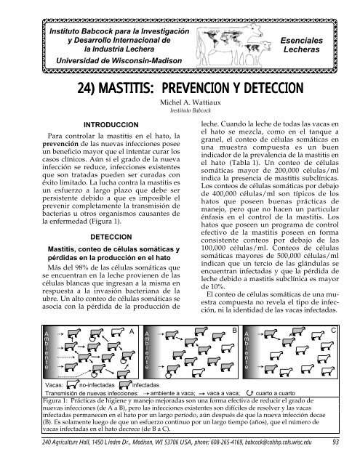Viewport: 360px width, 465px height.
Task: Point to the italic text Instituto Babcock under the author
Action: [180, 114]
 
